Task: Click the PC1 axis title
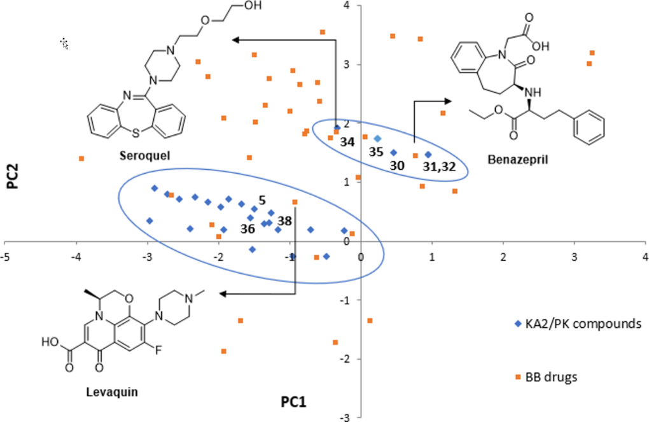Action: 295,402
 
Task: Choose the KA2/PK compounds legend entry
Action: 575,324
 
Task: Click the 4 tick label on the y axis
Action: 347,6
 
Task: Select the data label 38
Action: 285,222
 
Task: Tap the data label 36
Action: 248,227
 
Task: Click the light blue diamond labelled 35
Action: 377,138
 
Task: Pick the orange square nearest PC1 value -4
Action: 81,158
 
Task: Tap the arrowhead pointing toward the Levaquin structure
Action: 221,293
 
